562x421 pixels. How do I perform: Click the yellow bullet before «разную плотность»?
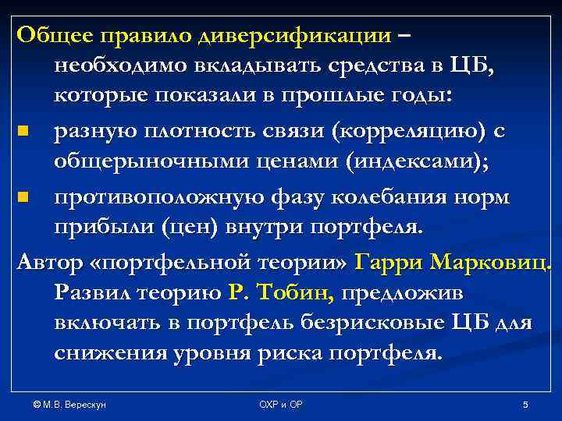tap(26, 133)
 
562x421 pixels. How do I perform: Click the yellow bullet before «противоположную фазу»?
tap(26, 198)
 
